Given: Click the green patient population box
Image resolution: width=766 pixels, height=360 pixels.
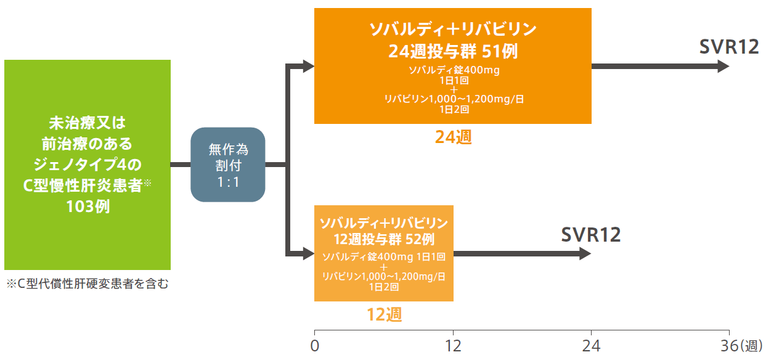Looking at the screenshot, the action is [88, 165].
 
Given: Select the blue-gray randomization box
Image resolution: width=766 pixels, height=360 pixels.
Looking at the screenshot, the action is [228, 165].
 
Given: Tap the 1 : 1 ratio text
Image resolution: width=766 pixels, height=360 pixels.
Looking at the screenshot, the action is [228, 182].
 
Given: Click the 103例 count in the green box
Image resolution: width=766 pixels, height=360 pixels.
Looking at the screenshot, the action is [88, 207].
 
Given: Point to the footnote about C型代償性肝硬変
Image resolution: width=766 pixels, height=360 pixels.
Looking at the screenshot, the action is [88, 284].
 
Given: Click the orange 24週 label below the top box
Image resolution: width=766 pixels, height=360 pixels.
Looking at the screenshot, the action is [454, 137].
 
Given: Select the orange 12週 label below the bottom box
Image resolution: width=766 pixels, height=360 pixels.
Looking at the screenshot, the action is [385, 314].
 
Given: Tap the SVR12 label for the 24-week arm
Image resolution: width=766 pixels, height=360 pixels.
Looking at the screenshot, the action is [729, 47].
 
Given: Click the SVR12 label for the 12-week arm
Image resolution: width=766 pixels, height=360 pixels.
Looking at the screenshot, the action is [591, 235].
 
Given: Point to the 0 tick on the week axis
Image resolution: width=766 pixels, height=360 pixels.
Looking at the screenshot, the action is [315, 346].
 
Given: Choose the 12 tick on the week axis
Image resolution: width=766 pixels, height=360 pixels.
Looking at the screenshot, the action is [453, 346].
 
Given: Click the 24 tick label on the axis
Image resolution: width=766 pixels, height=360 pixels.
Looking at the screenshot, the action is [591, 346].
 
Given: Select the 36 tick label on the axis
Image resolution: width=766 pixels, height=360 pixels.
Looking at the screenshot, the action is [730, 346].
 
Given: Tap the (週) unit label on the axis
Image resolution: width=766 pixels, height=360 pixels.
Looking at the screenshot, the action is [751, 346].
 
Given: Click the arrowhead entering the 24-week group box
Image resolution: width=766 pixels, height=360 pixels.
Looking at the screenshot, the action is [309, 66].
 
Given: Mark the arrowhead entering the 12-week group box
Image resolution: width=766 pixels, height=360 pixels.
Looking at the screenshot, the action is [309, 253].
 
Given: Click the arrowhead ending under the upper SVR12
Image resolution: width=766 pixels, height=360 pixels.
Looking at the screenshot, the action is [723, 66].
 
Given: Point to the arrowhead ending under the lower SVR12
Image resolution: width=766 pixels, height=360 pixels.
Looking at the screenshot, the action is [585, 253].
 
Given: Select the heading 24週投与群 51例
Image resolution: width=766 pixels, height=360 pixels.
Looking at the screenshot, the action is [453, 51].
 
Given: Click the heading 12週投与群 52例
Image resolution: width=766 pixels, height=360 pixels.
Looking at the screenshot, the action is [384, 239].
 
